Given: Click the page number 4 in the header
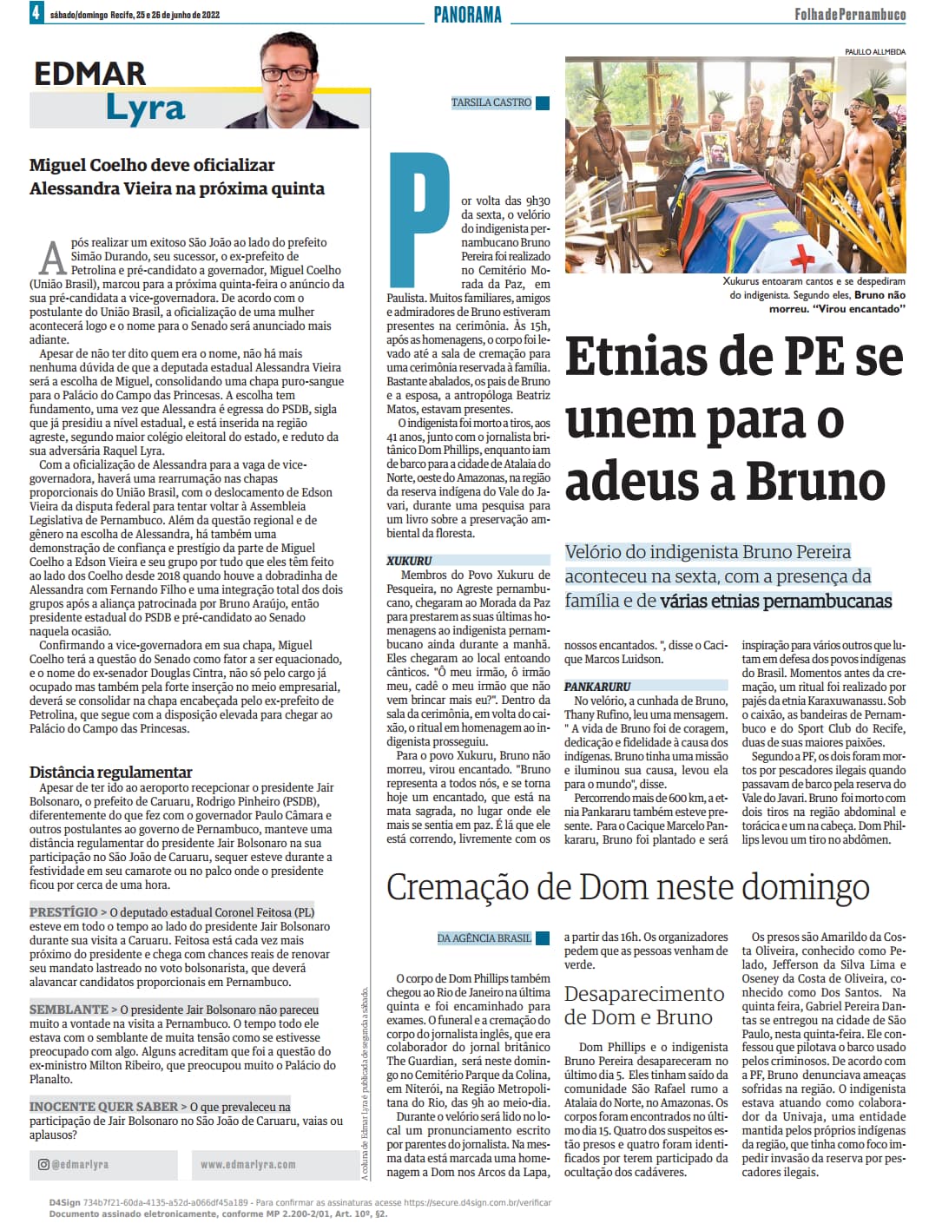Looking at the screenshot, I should coord(36,12).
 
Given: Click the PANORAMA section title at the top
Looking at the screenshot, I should coord(467,14).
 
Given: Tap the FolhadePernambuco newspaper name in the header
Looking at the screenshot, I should coord(849,14).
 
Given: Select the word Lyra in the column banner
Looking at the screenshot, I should coord(145,109).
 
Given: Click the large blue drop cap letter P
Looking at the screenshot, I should coord(419,205).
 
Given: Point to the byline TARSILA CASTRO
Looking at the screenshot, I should coord(491,102).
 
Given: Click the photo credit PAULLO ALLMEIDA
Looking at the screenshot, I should coord(874,52).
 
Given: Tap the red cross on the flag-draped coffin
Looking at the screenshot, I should coord(803,256).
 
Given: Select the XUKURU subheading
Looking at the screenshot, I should coord(409,561).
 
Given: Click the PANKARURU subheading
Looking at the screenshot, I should coord(597,687).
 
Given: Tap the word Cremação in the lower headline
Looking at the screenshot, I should coord(456,887).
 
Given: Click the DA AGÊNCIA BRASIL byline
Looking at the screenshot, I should coord(484,938).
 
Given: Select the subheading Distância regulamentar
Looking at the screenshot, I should coord(110,772).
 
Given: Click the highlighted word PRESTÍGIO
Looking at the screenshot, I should coord(63,912).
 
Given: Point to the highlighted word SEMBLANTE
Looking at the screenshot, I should coord(69,1010).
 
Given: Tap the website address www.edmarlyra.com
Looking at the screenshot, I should coord(247,1164).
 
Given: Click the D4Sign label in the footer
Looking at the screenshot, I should coord(64,1202).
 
